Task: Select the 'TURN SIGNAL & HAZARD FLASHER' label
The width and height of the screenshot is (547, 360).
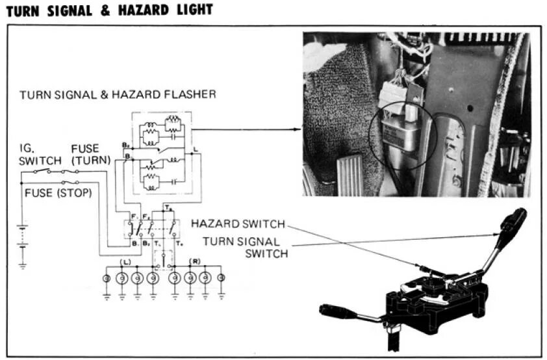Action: coord(118,95)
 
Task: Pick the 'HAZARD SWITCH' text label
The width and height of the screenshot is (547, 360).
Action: coord(237,224)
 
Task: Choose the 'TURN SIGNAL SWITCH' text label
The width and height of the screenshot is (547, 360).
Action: coord(244,247)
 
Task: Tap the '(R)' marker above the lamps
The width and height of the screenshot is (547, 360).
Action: coord(193,261)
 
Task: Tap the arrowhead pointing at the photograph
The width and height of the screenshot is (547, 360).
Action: coord(298,129)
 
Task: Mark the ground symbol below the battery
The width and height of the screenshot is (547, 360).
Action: coord(22,264)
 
